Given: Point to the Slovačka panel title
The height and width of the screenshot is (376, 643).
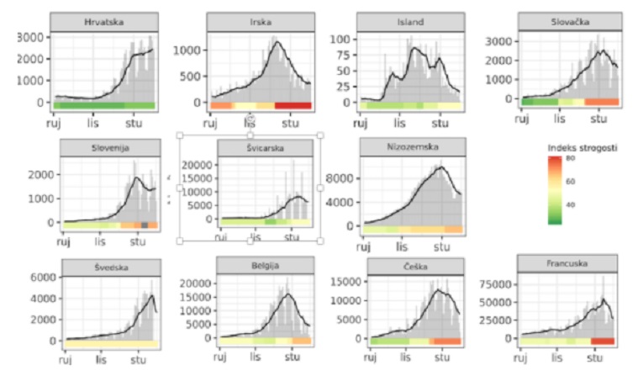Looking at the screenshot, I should (569, 21).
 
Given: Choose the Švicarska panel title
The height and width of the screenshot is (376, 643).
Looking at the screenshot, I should (265, 149).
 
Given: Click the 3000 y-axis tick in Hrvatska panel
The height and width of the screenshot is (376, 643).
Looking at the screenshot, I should (33, 38).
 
